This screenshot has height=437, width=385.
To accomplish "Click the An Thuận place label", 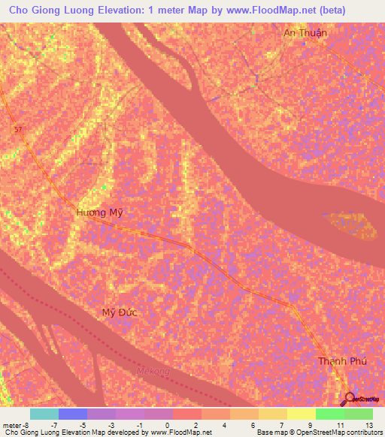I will click(x=305, y=33).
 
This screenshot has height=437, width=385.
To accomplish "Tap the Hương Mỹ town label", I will click(x=99, y=213).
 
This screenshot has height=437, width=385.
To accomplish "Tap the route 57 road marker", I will click(x=17, y=129).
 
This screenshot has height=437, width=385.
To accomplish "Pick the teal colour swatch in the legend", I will click(x=44, y=414).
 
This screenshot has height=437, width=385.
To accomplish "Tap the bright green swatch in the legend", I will click(x=329, y=414).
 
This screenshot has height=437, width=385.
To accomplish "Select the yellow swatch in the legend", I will click(x=301, y=414).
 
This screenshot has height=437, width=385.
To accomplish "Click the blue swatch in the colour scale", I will click(x=73, y=414).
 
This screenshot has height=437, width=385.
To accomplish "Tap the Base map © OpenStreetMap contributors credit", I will click(x=319, y=432).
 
